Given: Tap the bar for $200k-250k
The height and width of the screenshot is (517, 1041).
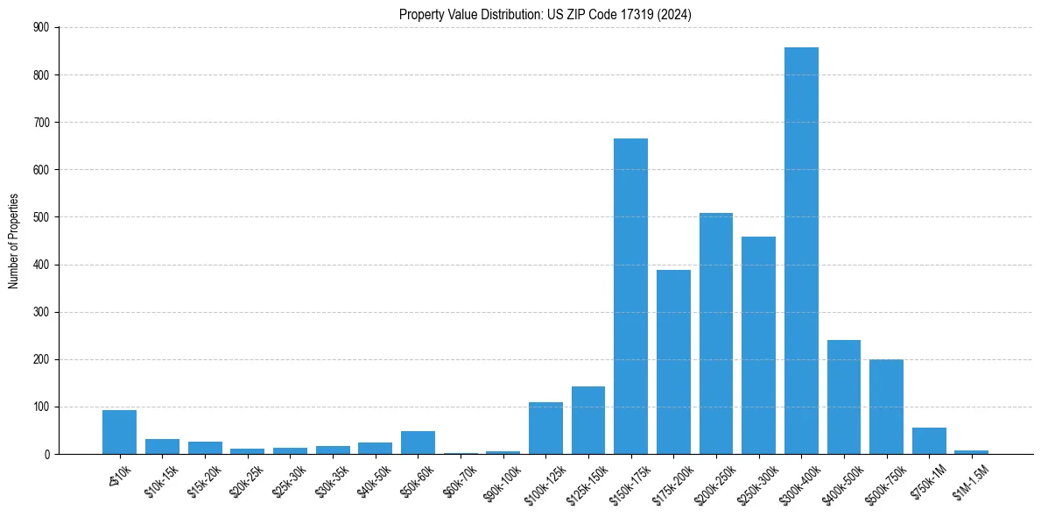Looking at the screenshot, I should coord(716,334).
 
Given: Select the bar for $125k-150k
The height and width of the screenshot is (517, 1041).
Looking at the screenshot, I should coord(588,421).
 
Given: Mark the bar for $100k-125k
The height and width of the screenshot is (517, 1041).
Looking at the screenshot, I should coord(545,428).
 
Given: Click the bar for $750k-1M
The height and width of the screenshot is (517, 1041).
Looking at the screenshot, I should coord(929,441).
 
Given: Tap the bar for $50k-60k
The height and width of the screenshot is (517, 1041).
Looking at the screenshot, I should coord(418,443).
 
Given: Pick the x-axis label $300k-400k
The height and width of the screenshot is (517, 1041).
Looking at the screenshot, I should coord(798,482).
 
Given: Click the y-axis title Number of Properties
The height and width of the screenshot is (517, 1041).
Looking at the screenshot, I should coord(13,241).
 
